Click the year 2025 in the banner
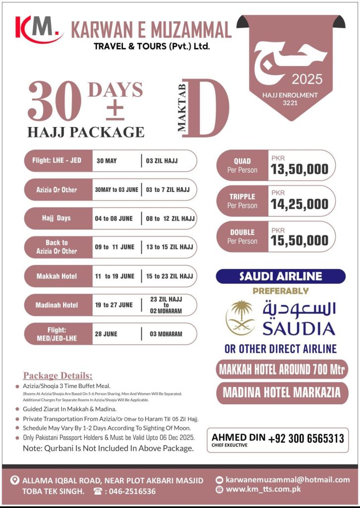[x=307, y=79]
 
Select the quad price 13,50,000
[x=300, y=169]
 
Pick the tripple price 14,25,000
[x=300, y=204]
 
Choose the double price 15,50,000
[x=300, y=241]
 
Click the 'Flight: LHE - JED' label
[x=57, y=161]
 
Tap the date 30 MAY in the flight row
[x=107, y=161]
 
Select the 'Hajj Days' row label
[x=57, y=218]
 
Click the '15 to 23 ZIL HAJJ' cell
[x=170, y=276]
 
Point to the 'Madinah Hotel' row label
[x=57, y=305]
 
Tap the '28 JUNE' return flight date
[x=107, y=334]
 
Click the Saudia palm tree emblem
[x=240, y=318]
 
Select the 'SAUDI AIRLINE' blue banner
[x=281, y=276]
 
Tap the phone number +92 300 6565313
[x=306, y=439]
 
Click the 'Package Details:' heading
[x=58, y=376]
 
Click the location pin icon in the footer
[x=14, y=480]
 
